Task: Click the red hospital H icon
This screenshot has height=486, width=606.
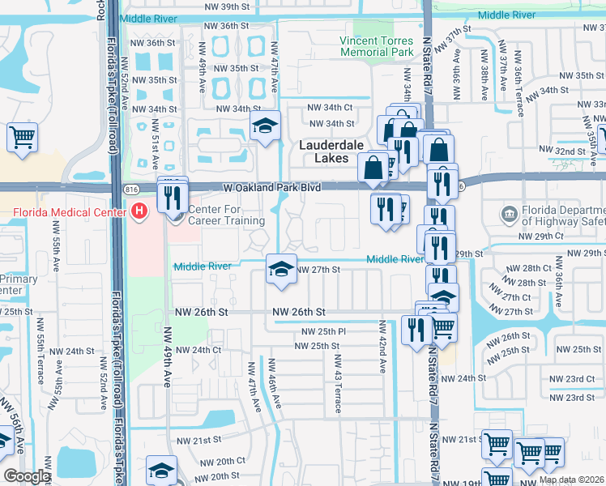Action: [139, 212]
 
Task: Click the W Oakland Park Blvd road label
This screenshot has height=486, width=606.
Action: [272, 188]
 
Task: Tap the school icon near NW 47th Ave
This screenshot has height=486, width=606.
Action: [264, 126]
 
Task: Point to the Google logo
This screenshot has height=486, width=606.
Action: [27, 476]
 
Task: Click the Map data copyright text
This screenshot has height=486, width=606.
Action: [571, 480]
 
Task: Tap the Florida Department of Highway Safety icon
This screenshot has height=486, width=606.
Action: [510, 213]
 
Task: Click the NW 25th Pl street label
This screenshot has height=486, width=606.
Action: [324, 332]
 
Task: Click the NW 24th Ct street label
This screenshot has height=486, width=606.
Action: [198, 350]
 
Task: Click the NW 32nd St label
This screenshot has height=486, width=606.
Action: [570, 151]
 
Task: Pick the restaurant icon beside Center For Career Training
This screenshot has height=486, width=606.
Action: [173, 196]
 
